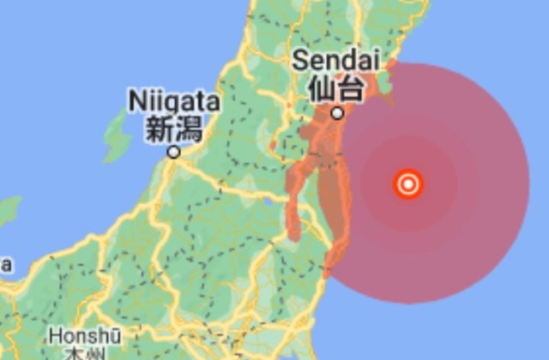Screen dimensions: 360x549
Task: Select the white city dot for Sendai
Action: click(337, 112)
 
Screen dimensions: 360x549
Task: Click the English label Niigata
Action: click(174, 101)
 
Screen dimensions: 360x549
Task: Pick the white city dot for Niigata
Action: click(174, 152)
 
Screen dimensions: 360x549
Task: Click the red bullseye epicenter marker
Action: click(408, 183)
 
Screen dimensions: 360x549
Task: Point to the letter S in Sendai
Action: click(300, 61)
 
